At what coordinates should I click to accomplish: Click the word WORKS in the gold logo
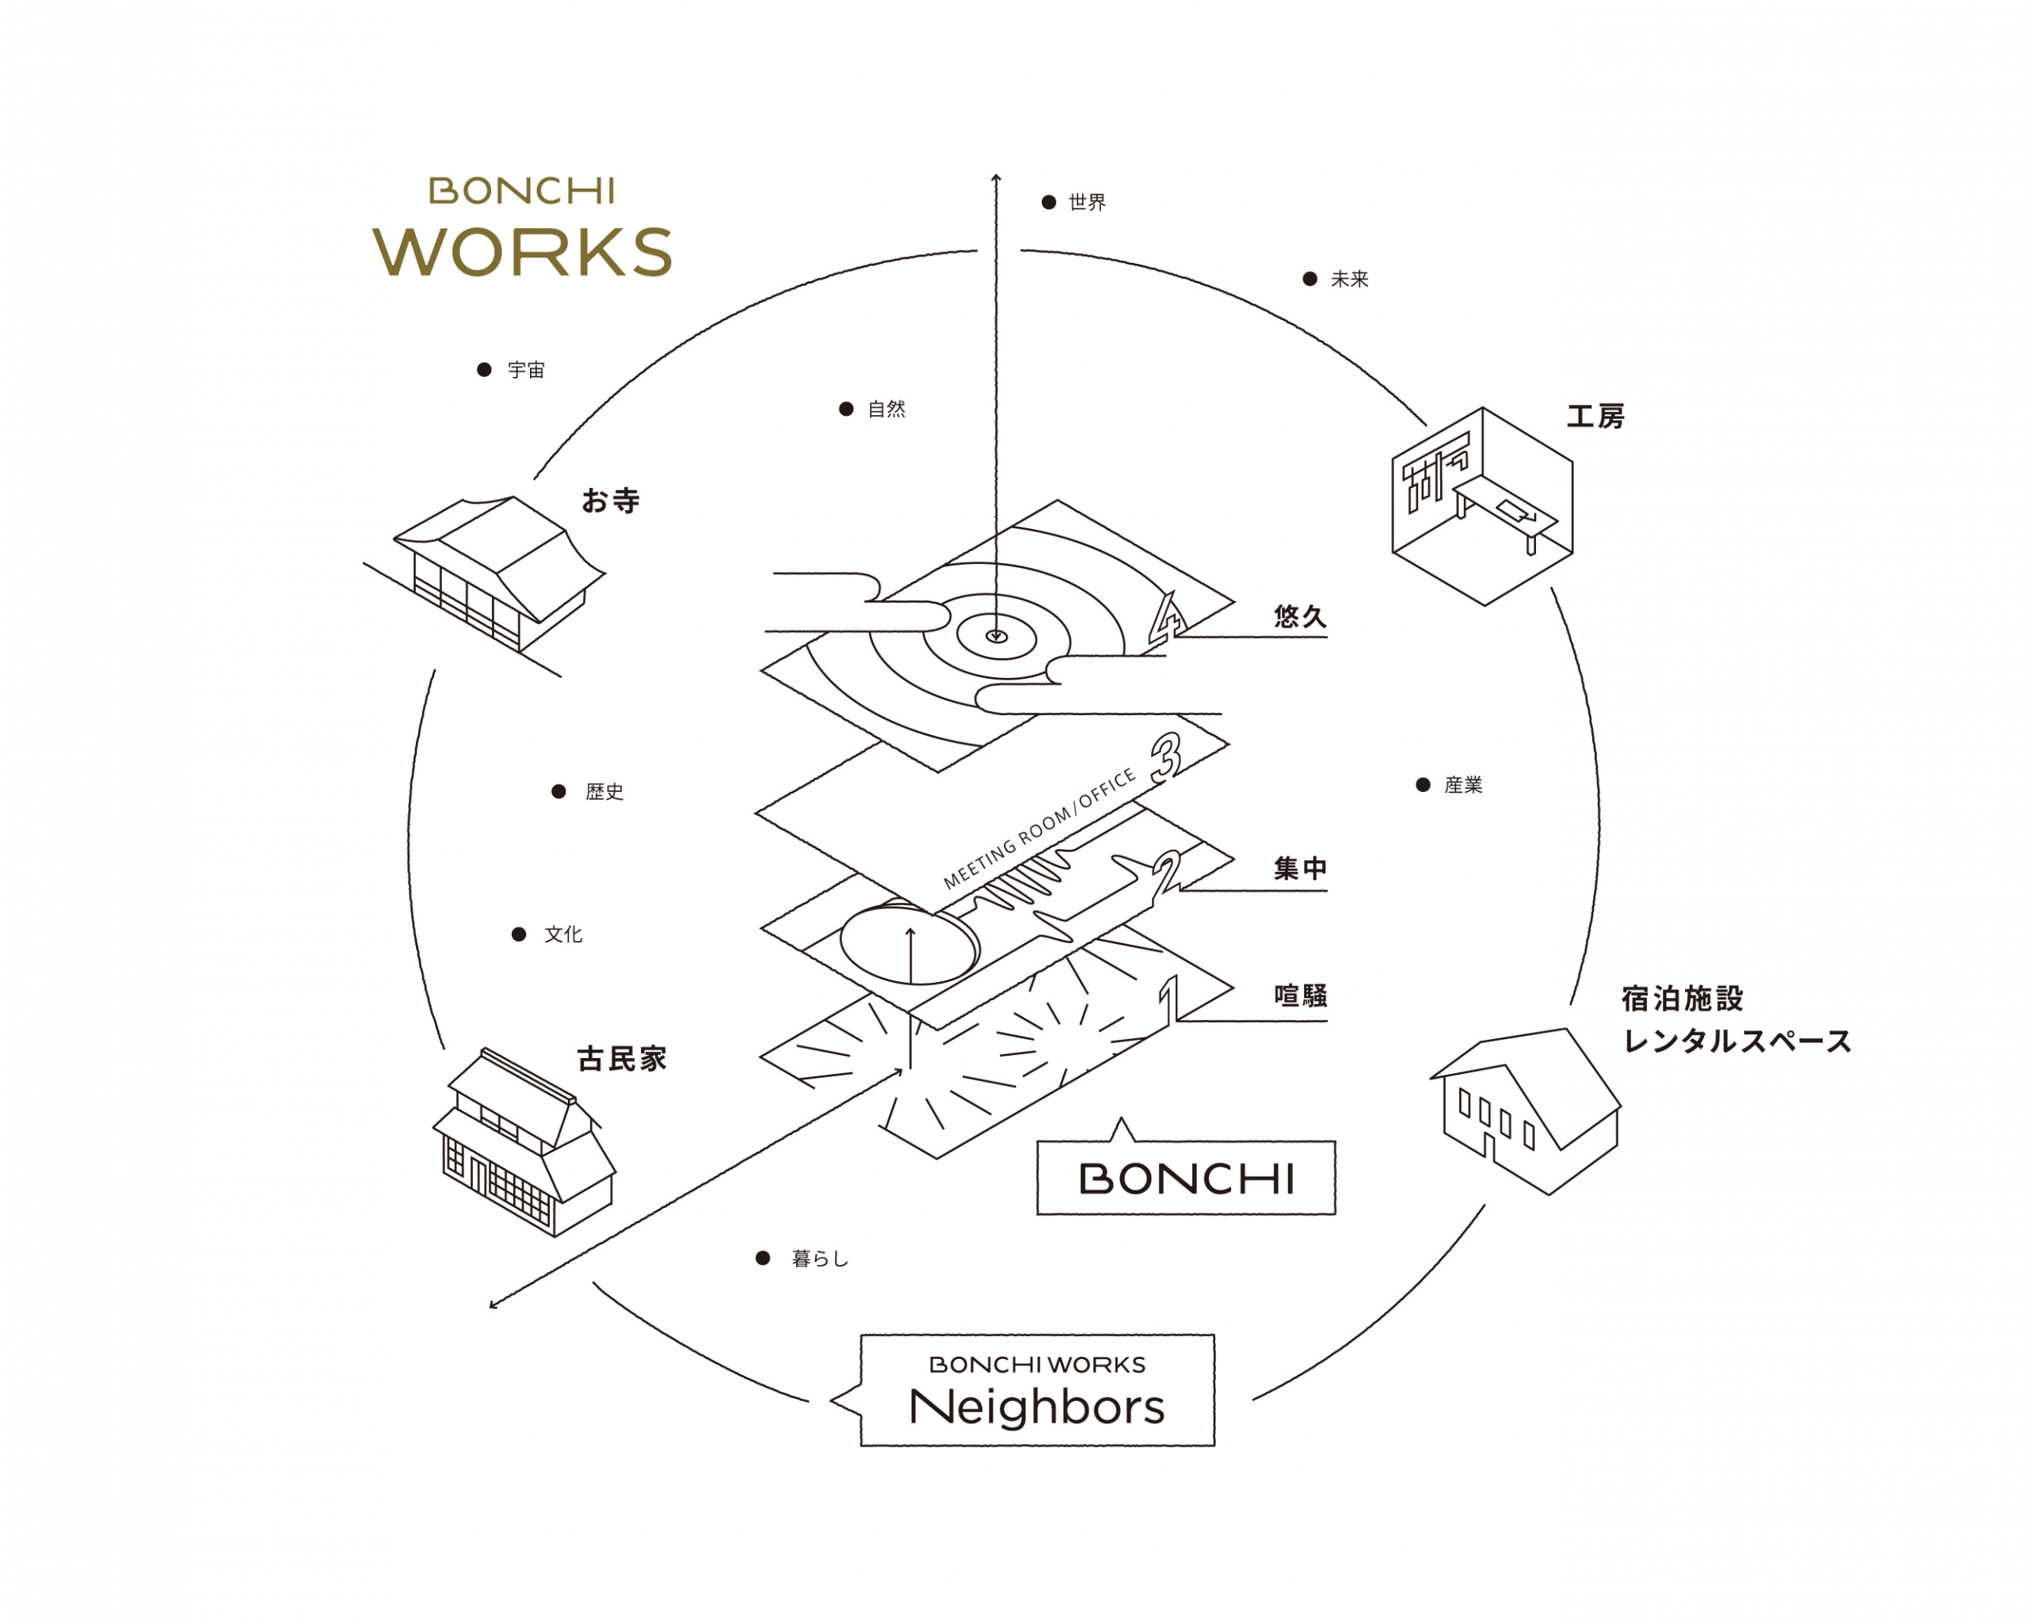pos(522,252)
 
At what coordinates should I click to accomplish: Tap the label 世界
pos(1088,202)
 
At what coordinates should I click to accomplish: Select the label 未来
pos(1349,280)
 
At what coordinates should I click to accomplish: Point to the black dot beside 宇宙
pos(485,370)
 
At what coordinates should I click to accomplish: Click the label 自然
pos(886,409)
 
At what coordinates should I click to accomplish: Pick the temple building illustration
pos(498,573)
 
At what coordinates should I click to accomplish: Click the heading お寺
pos(611,501)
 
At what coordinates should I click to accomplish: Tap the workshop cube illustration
pos(1482,506)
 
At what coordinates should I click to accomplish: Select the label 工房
pos(1595,417)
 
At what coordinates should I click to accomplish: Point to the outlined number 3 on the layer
pos(1166,758)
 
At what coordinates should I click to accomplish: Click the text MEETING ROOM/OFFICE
pos(1039,829)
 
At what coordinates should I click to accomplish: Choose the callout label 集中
pos(1300,868)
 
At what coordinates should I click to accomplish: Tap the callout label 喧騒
pos(1300,996)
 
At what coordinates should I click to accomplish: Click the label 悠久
pos(1300,617)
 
